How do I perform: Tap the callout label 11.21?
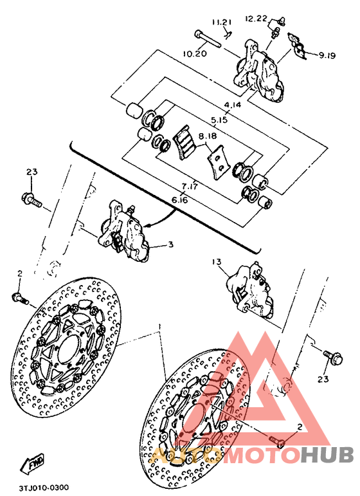click(x=223, y=23)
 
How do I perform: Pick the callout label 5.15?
click(x=221, y=119)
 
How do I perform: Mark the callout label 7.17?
click(x=189, y=186)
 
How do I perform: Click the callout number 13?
click(x=215, y=262)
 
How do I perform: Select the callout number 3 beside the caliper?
click(x=170, y=244)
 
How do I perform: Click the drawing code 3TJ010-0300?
click(x=44, y=488)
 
